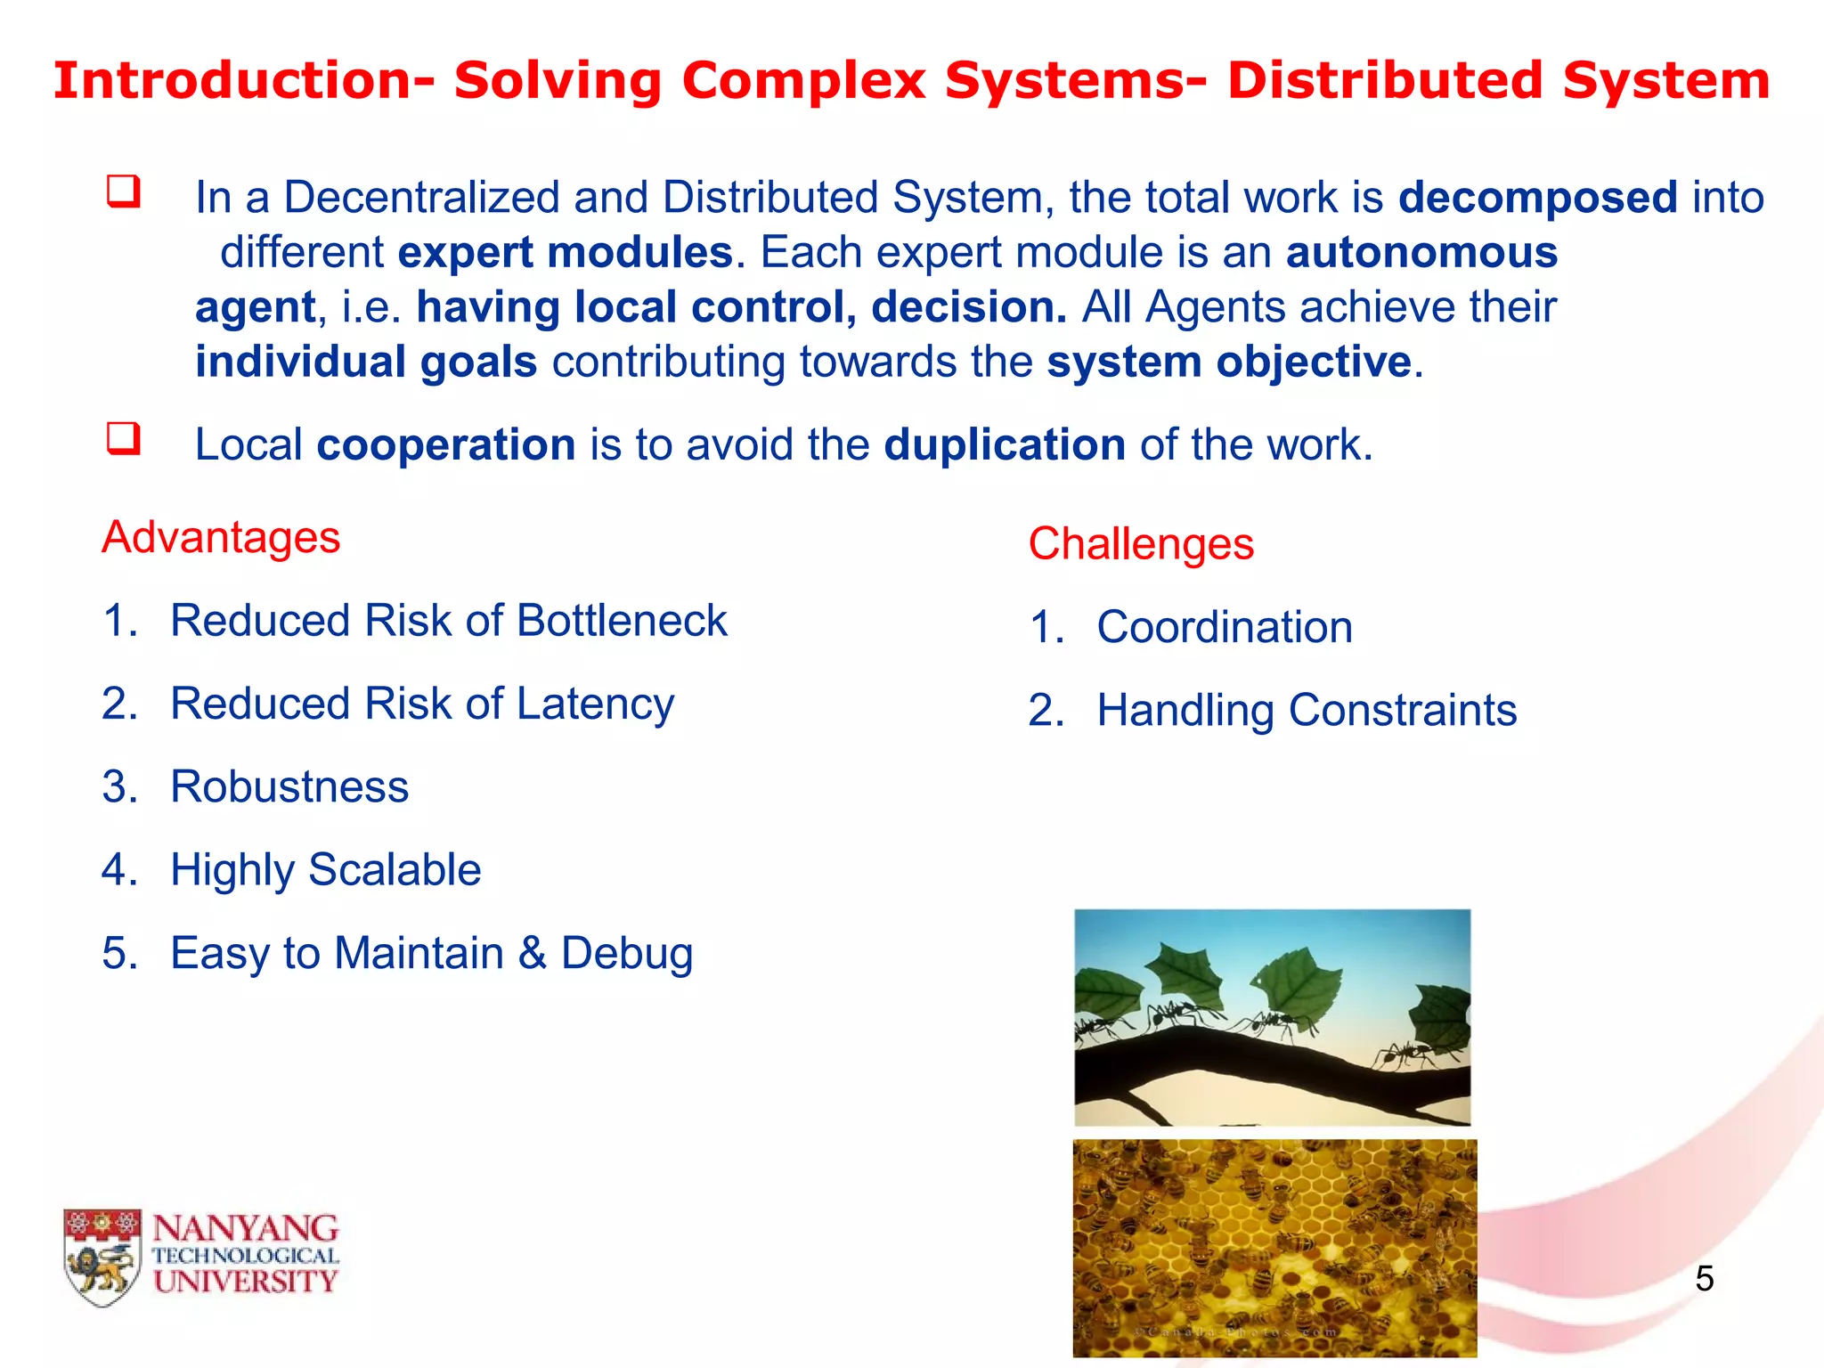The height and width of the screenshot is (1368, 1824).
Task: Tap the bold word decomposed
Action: click(1537, 198)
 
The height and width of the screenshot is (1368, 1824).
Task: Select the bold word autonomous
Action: click(1421, 253)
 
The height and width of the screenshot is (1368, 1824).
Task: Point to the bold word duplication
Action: click(1004, 444)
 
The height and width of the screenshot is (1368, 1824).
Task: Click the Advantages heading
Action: click(221, 537)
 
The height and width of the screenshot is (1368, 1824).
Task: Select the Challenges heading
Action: click(1140, 543)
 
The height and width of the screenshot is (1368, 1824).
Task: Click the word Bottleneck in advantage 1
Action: click(622, 621)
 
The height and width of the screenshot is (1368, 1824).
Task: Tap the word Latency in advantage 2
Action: click(595, 704)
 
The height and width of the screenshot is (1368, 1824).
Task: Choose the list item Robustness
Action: click(289, 787)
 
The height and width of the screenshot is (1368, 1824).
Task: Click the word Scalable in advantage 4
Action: click(394, 870)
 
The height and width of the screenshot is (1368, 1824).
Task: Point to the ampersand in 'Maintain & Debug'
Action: click(532, 953)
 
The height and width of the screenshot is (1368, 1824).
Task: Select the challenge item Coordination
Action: click(1224, 627)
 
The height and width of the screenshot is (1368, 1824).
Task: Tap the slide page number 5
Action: click(1704, 1279)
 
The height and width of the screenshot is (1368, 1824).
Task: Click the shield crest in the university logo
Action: click(102, 1256)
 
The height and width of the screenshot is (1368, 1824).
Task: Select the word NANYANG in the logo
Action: click(245, 1229)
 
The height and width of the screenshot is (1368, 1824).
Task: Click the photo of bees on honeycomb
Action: click(1274, 1247)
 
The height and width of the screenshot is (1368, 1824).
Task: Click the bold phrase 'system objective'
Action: click(1229, 362)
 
